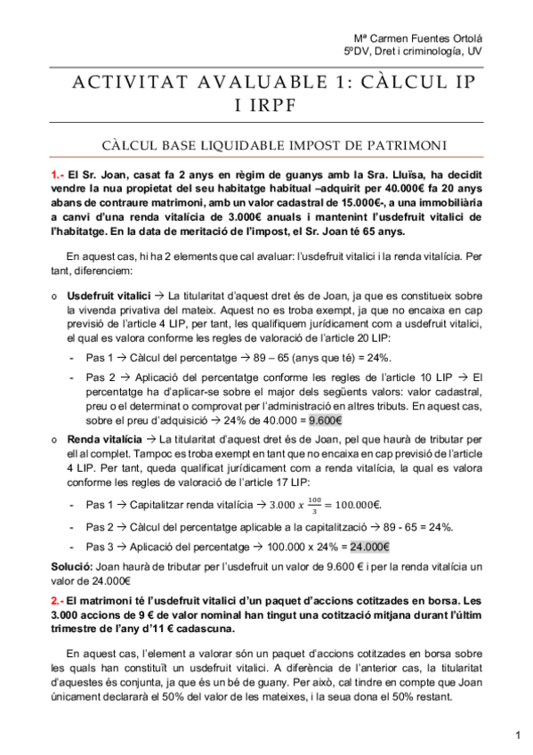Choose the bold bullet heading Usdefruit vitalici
point(109,295)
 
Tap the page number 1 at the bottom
point(518,735)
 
